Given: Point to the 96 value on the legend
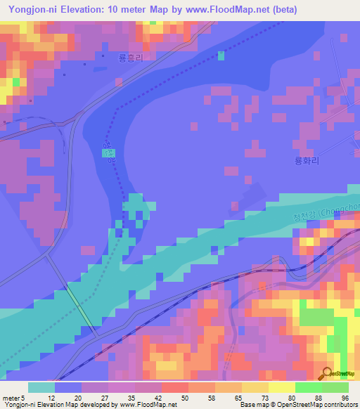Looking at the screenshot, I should (345, 398).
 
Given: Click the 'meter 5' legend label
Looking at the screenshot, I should (15, 398).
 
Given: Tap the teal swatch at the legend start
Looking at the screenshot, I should (41, 387).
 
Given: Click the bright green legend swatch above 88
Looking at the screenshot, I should (308, 387).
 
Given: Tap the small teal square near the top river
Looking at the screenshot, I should (221, 56).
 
